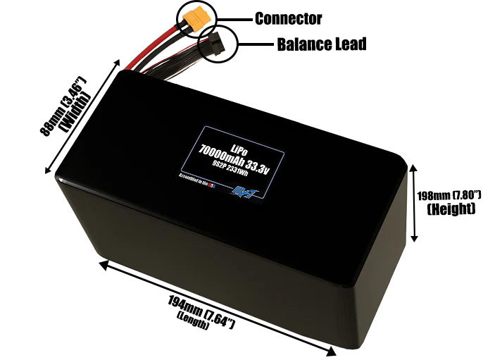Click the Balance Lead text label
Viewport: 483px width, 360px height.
(320, 44)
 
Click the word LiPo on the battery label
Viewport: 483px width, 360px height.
(237, 149)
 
